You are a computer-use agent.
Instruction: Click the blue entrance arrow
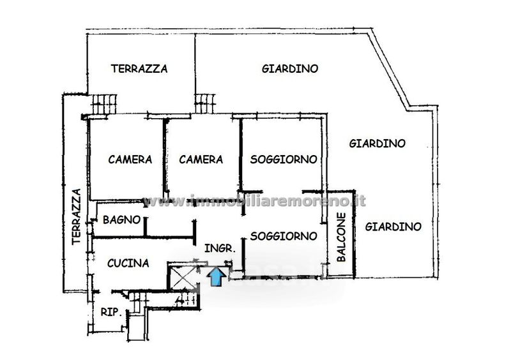217,276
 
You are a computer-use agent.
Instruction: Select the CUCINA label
128,262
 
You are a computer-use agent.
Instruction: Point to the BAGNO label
121,220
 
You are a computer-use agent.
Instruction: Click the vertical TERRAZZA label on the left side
75,217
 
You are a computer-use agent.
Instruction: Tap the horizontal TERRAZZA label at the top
139,68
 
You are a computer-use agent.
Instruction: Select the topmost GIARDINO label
290,68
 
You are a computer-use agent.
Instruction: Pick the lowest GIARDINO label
393,226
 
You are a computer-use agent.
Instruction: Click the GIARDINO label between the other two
377,144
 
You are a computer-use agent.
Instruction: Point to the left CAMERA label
130,159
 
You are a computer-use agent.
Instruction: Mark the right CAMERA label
201,159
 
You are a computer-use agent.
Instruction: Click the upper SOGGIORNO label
283,159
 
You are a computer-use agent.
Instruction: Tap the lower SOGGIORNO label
283,236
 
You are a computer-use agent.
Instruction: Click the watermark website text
256,200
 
